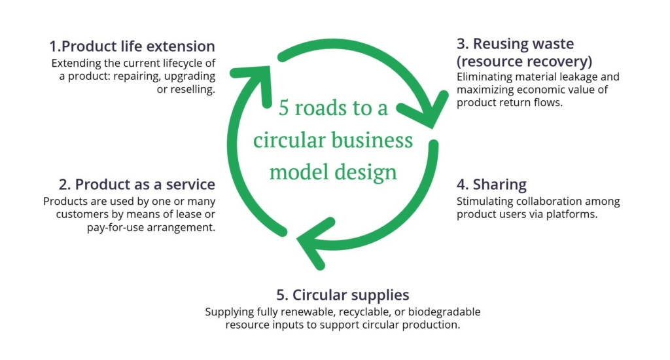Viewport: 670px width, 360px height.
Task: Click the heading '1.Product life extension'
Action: (132, 46)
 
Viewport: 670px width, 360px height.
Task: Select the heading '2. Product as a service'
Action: (137, 185)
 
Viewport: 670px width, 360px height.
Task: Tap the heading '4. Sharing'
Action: (491, 185)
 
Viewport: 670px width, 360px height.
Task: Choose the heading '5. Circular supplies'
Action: (343, 295)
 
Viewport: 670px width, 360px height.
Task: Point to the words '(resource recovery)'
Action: (524, 62)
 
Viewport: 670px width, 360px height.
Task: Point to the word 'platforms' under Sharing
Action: (572, 214)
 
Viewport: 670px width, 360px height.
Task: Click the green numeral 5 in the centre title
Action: (284, 108)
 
